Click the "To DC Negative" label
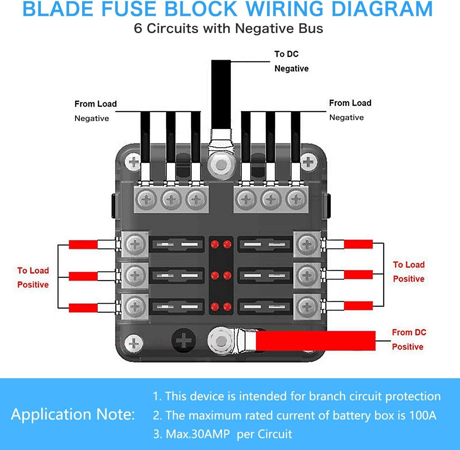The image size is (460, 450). [x=291, y=61]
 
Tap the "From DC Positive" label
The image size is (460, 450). [x=408, y=340]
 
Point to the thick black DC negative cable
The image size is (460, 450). [x=221, y=95]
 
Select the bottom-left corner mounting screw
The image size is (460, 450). [x=134, y=343]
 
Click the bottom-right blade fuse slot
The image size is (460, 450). [x=265, y=306]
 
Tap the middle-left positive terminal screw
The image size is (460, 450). [x=135, y=275]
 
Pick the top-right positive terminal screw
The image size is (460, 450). [x=307, y=244]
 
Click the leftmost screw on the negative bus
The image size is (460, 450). [x=146, y=200]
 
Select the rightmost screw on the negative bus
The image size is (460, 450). [x=296, y=200]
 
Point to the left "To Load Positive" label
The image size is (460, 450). [x=33, y=278]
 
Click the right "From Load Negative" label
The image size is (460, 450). [x=350, y=110]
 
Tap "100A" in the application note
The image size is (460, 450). [x=423, y=415]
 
